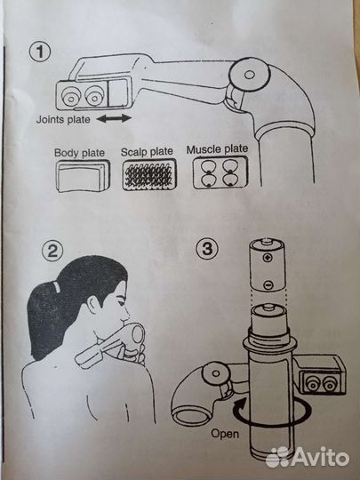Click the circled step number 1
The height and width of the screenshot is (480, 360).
pyautogui.click(x=40, y=52)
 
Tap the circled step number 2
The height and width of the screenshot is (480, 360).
pyautogui.click(x=52, y=251)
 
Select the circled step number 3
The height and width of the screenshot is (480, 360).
pyautogui.click(x=207, y=248)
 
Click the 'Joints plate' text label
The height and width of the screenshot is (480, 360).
pyautogui.click(x=63, y=119)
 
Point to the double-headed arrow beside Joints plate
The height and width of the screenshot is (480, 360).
pyautogui.click(x=114, y=118)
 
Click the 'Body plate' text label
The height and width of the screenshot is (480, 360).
pyautogui.click(x=79, y=153)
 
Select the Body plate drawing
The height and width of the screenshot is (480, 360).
pyautogui.click(x=83, y=176)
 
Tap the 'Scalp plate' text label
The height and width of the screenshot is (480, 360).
pyautogui.click(x=147, y=152)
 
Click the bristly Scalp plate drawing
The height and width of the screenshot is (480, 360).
pyautogui.click(x=149, y=174)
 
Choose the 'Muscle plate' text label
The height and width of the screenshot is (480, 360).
pyautogui.click(x=218, y=149)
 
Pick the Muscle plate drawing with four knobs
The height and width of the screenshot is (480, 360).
pyautogui.click(x=220, y=172)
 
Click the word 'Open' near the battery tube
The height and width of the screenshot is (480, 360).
pyautogui.click(x=225, y=434)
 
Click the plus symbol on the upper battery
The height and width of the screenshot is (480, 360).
pyautogui.click(x=268, y=258)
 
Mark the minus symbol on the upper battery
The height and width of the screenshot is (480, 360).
pyautogui.click(x=268, y=284)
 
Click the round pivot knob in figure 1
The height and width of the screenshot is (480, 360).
pyautogui.click(x=250, y=75)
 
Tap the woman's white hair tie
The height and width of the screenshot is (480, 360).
pyautogui.click(x=56, y=286)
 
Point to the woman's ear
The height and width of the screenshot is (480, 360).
pyautogui.click(x=93, y=305)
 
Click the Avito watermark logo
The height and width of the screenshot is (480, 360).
pyautogui.click(x=308, y=458)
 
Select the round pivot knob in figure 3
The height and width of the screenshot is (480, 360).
pyautogui.click(x=215, y=373)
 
